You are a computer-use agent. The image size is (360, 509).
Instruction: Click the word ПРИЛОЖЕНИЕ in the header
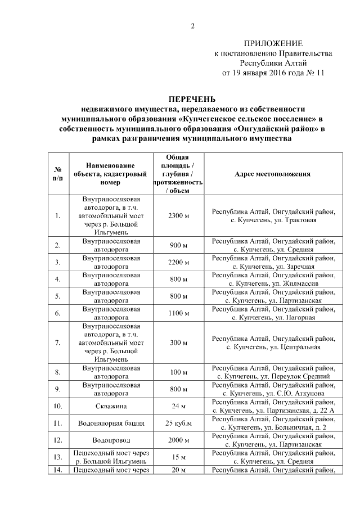pyautogui.click(x=273, y=43)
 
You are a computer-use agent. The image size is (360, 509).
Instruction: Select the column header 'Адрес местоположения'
pyautogui.click(x=272, y=174)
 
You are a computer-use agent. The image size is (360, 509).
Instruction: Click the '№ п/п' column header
pyautogui.click(x=57, y=174)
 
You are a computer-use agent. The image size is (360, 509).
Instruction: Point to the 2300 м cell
pyautogui.click(x=178, y=216)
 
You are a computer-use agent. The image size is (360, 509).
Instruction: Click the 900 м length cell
pyautogui.click(x=178, y=245)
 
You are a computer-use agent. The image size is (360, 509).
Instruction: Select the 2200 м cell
pyautogui.click(x=178, y=262)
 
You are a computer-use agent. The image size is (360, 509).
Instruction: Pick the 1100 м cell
pyautogui.click(x=178, y=313)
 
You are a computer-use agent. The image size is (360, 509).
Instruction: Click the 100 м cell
pyautogui.click(x=178, y=372)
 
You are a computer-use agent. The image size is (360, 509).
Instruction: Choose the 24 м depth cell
pyautogui.click(x=178, y=406)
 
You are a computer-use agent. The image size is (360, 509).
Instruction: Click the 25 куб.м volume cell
pyautogui.click(x=178, y=422)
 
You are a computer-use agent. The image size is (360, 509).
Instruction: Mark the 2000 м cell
pyautogui.click(x=178, y=440)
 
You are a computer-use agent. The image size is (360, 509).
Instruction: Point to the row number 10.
pyautogui.click(x=57, y=406)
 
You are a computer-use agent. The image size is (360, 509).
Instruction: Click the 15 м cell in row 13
pyautogui.click(x=178, y=457)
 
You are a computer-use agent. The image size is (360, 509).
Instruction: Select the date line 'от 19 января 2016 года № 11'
pyautogui.click(x=273, y=73)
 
